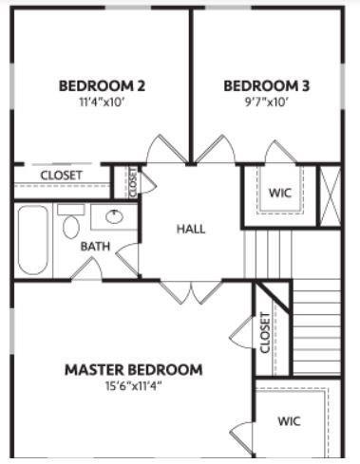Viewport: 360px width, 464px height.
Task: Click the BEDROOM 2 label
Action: (x=102, y=86)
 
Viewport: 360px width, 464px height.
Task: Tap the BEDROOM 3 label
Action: (x=267, y=86)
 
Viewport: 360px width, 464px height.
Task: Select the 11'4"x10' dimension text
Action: (x=101, y=102)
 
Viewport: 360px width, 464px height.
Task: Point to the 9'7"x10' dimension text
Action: (x=267, y=102)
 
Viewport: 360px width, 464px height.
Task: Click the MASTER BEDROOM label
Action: (x=134, y=370)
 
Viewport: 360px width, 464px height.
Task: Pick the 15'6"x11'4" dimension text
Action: (x=133, y=386)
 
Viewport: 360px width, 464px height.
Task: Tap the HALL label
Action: (x=191, y=229)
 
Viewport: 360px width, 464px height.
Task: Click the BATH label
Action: (x=95, y=247)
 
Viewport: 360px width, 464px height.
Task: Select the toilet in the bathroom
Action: (x=71, y=221)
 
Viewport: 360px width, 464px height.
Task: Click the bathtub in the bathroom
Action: (x=33, y=240)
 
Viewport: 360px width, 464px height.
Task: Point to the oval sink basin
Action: (x=114, y=216)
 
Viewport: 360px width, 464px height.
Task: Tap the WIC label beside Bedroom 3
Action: (x=280, y=193)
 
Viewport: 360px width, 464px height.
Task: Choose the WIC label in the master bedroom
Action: (x=289, y=421)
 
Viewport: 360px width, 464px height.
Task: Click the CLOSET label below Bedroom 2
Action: (x=62, y=175)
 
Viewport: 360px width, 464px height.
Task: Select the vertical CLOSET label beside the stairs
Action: (x=265, y=332)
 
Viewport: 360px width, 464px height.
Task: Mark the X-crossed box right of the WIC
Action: (x=330, y=196)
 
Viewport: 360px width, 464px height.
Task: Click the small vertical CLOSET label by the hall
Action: (x=133, y=181)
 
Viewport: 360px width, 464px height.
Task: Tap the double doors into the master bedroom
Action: (x=191, y=291)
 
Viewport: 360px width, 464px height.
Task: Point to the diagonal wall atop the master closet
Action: (x=273, y=297)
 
